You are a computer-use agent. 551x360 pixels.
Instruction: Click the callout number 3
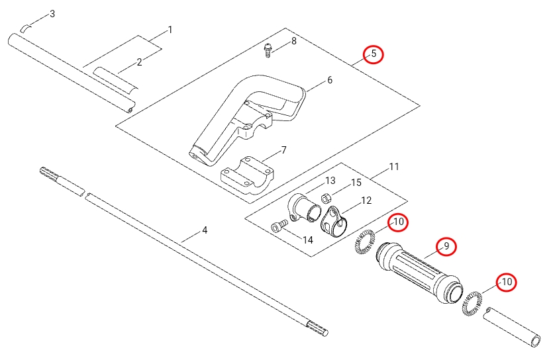point(52,14)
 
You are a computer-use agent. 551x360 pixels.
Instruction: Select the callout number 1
point(170,30)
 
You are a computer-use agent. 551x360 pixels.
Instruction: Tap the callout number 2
point(140,62)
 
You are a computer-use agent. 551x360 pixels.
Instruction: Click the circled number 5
point(374,54)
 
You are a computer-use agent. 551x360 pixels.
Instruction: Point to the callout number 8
point(294,41)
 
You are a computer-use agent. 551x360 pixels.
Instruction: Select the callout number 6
point(329,81)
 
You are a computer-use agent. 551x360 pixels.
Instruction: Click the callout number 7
point(283,150)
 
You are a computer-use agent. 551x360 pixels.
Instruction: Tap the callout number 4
point(205,230)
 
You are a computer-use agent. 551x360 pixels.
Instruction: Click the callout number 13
point(330,181)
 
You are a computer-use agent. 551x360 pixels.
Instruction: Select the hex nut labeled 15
point(326,197)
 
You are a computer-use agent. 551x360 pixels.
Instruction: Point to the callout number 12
point(366,201)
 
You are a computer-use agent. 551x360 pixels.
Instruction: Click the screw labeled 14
point(277,226)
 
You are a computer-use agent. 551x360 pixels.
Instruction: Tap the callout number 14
point(307,240)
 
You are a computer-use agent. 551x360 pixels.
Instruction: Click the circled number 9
point(446,246)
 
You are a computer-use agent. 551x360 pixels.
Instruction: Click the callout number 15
point(356,183)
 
